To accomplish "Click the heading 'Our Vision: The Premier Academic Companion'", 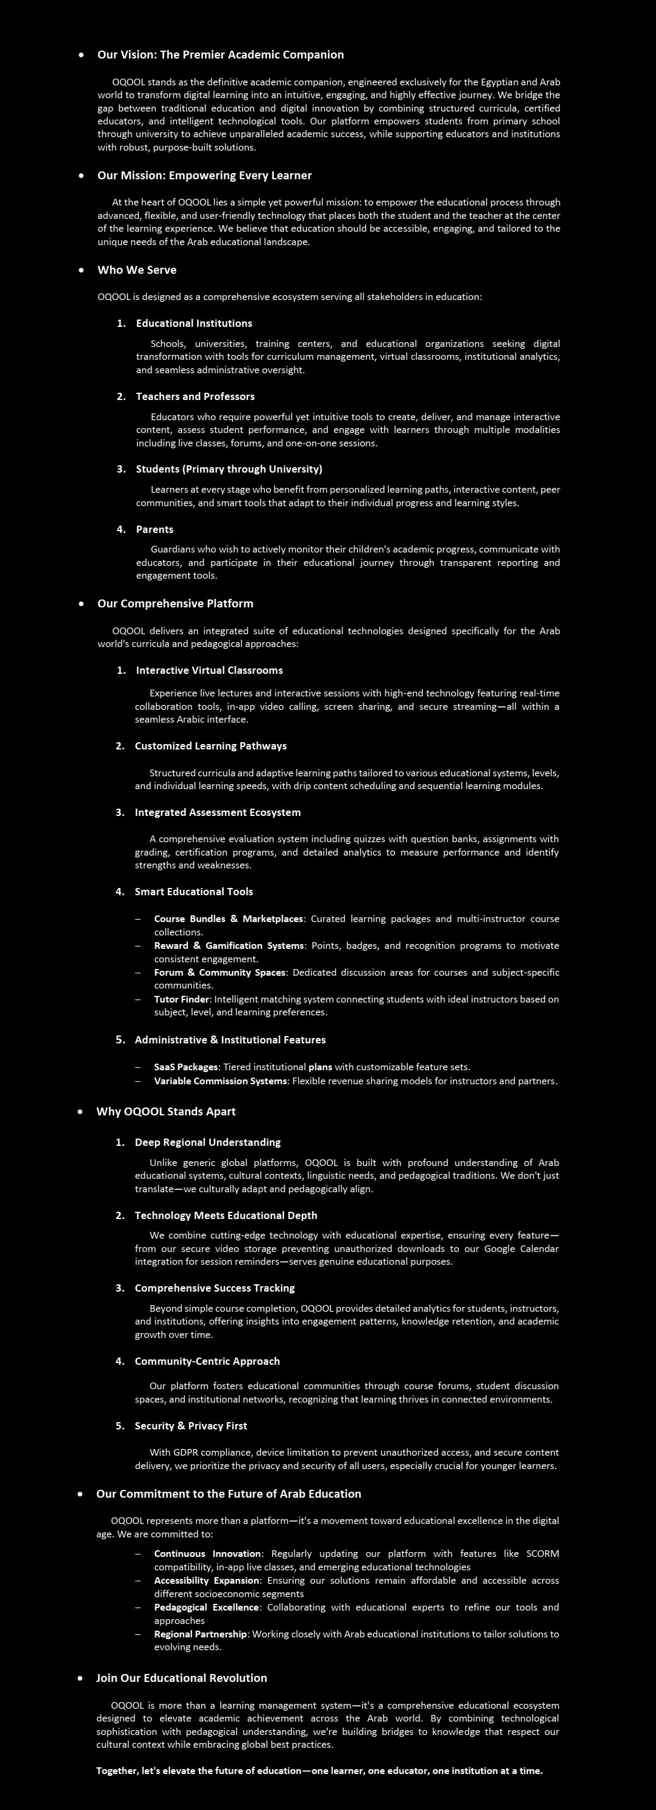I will (221, 55).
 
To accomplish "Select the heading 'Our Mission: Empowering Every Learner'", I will (204, 176).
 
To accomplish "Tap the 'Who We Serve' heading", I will (137, 270).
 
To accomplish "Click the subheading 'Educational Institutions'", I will (194, 323).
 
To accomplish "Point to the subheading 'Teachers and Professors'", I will (195, 396).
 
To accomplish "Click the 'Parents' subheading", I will (154, 529).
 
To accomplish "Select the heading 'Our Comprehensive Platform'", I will (176, 604).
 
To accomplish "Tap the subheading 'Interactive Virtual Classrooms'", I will (209, 670).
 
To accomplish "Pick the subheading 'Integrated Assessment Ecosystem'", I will (218, 812).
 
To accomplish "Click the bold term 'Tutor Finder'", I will (181, 999).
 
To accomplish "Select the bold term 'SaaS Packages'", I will (186, 1067).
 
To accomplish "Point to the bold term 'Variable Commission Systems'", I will (221, 1081).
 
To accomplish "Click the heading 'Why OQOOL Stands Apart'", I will (166, 1112).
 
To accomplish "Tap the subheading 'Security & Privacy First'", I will (191, 1426).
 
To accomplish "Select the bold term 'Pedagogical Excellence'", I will (207, 1607).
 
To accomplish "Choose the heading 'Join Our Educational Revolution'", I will (182, 1678).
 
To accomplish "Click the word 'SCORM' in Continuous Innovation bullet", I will (542, 1553).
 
